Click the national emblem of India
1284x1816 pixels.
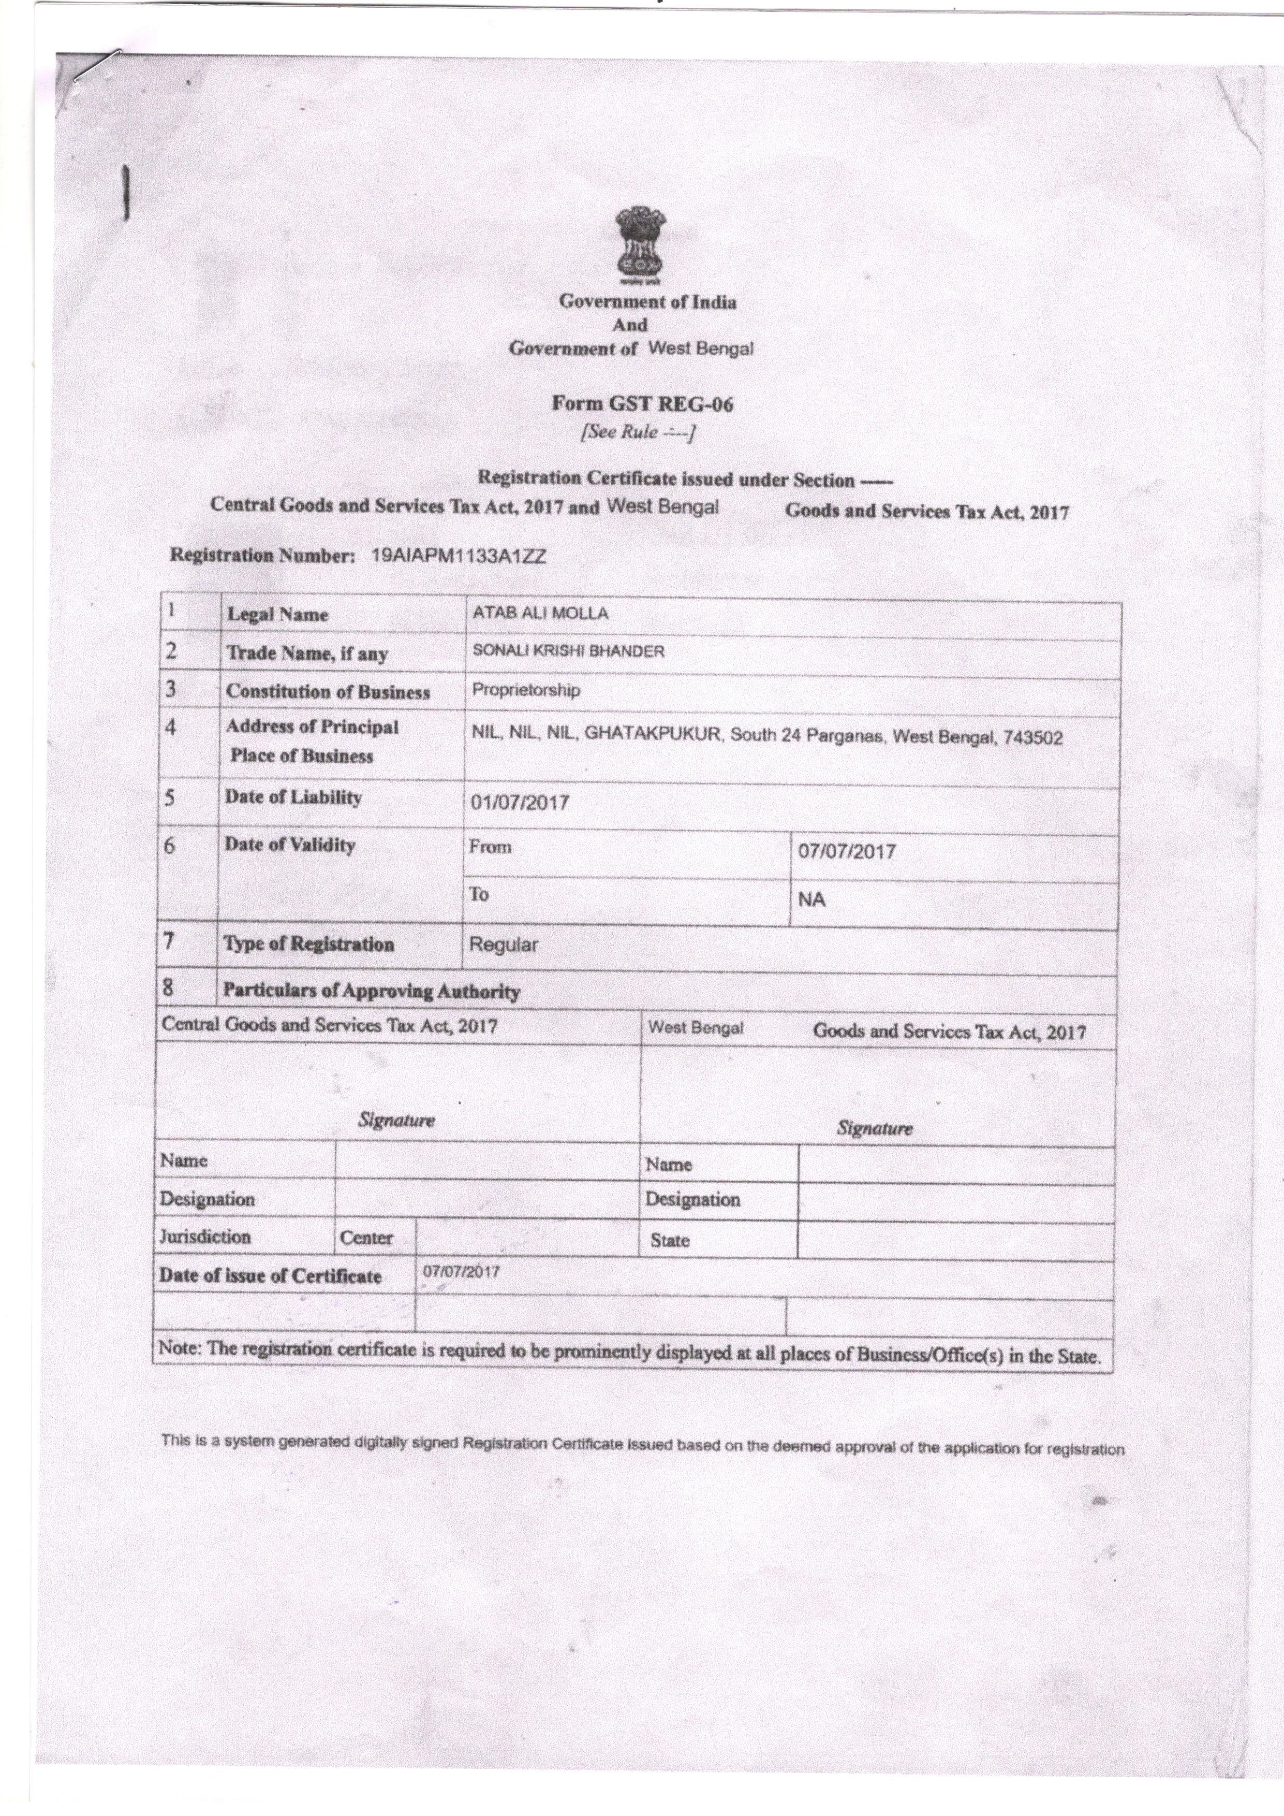(x=641, y=245)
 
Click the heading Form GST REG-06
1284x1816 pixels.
(x=642, y=404)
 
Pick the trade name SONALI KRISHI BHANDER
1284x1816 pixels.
(x=568, y=651)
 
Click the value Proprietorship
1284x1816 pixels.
(x=526, y=690)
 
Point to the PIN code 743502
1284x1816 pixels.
(x=1032, y=738)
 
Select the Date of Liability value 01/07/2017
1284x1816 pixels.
(x=520, y=802)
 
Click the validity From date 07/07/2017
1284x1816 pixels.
(x=847, y=851)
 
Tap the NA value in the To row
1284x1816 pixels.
(x=812, y=899)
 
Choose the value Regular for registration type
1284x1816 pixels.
(x=504, y=945)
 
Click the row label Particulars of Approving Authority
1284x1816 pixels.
(x=371, y=991)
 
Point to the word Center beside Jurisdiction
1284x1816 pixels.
(x=366, y=1238)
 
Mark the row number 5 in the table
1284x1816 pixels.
(x=169, y=796)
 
